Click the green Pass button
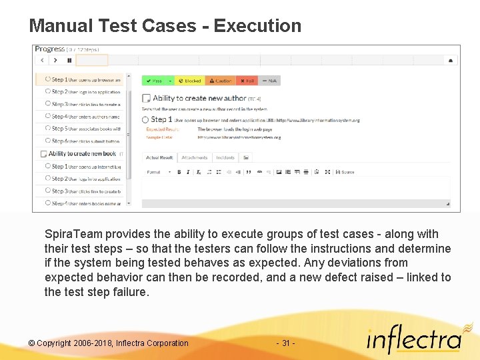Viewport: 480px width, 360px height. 155,81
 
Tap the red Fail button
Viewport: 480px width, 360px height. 247,81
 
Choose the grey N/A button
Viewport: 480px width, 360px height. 270,81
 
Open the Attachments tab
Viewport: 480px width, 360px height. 194,158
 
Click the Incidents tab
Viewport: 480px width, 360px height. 225,158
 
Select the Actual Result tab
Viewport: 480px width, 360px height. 160,158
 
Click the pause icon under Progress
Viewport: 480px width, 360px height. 69,60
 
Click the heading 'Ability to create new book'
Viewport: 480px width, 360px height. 81,153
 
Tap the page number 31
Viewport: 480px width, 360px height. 285,343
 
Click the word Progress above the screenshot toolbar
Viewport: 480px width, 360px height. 50,49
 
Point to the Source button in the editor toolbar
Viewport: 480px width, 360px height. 346,172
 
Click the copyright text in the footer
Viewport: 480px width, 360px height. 108,343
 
